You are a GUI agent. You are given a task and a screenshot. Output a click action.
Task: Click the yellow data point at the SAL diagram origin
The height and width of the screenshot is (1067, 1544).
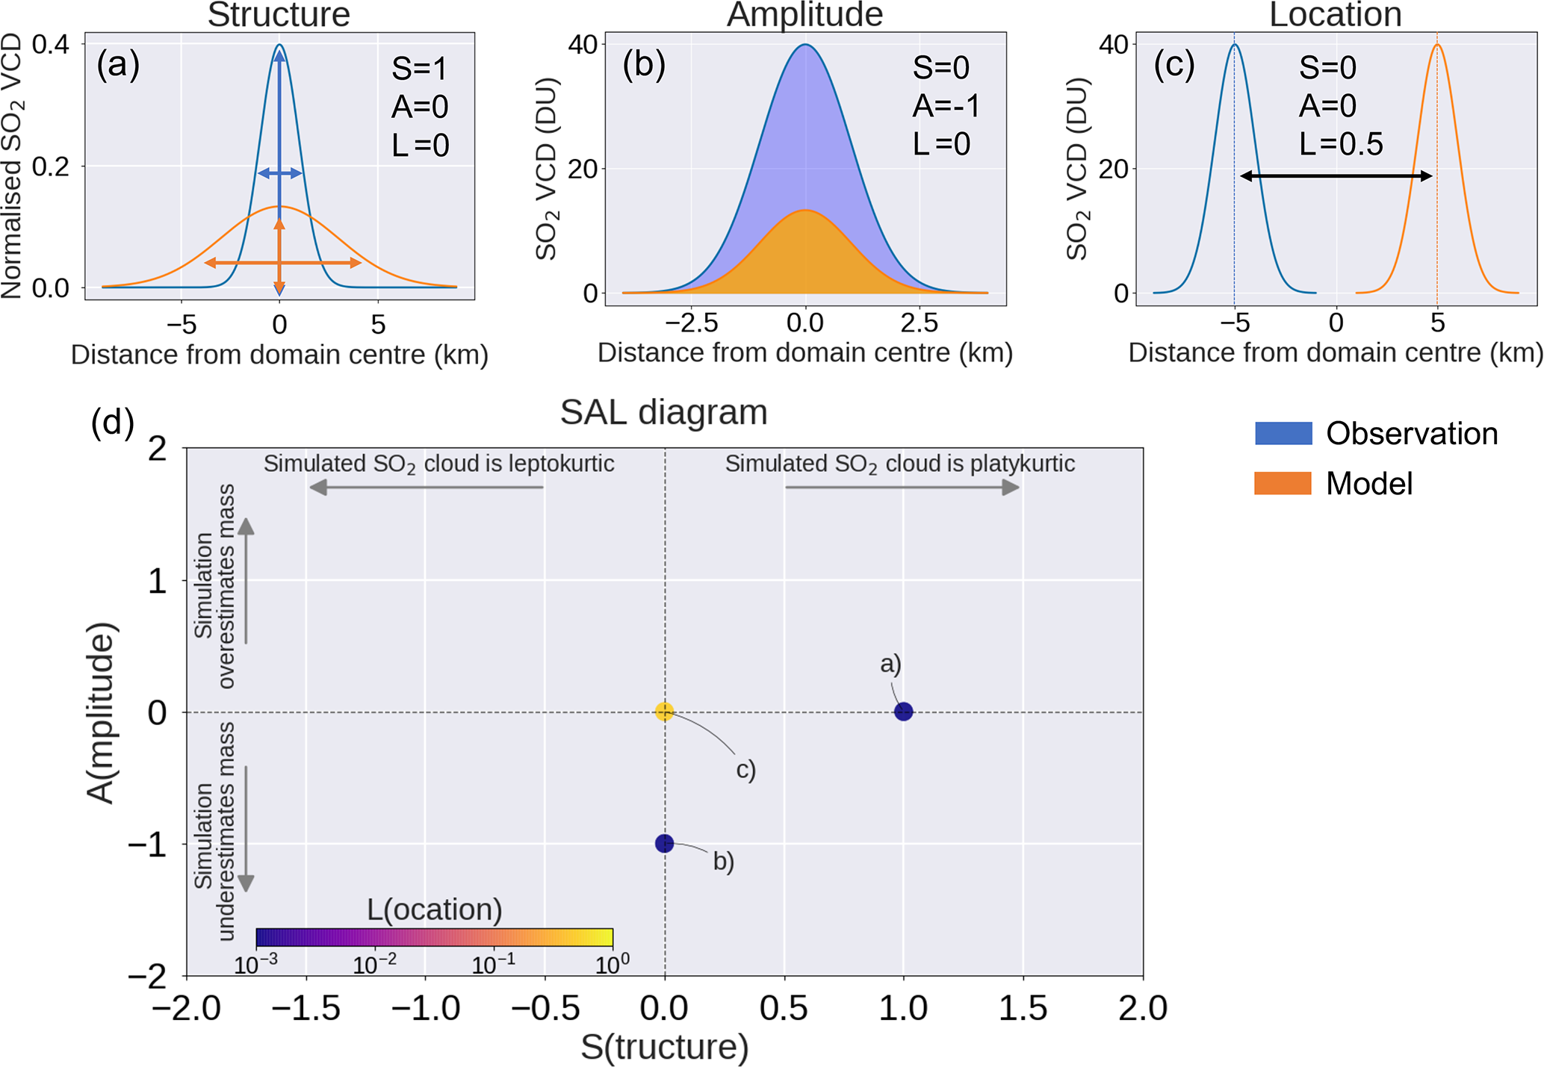664,712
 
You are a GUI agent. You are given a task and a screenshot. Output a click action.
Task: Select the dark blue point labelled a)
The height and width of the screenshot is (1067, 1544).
903,712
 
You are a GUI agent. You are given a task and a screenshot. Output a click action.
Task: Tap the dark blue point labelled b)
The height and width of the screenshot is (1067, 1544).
664,844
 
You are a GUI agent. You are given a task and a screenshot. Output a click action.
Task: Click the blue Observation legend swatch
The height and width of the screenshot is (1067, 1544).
1283,434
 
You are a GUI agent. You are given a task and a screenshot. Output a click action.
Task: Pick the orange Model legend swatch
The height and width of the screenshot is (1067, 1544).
1283,484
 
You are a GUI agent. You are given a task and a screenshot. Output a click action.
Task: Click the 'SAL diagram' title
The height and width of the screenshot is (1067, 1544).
663,412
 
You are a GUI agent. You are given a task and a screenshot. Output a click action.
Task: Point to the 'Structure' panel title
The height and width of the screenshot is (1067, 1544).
279,15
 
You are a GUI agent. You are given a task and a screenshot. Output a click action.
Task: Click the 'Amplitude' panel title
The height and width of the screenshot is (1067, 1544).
804,15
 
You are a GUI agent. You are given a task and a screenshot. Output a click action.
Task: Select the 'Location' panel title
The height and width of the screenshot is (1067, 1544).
1335,15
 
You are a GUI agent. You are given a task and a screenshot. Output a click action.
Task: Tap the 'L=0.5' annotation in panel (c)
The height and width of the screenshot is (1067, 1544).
1341,143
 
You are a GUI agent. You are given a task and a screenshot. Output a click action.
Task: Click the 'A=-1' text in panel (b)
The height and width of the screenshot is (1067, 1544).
946,106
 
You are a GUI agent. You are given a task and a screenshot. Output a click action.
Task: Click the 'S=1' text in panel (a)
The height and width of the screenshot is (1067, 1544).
419,69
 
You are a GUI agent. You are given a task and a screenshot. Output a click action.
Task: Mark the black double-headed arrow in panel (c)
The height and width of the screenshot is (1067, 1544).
1336,176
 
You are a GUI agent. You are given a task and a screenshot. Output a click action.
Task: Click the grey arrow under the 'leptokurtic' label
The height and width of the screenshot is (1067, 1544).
426,488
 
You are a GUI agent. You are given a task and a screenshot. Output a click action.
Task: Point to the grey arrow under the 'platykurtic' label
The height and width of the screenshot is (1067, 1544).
902,488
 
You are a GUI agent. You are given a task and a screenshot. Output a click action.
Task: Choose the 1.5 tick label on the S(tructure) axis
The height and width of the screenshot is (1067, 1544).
1023,1009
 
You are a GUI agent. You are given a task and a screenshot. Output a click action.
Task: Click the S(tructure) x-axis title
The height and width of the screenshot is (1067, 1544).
664,1047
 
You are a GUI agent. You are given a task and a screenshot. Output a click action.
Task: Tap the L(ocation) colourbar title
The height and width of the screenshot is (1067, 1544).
434,909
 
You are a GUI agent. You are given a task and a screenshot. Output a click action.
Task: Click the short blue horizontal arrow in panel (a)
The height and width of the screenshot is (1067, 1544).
279,173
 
